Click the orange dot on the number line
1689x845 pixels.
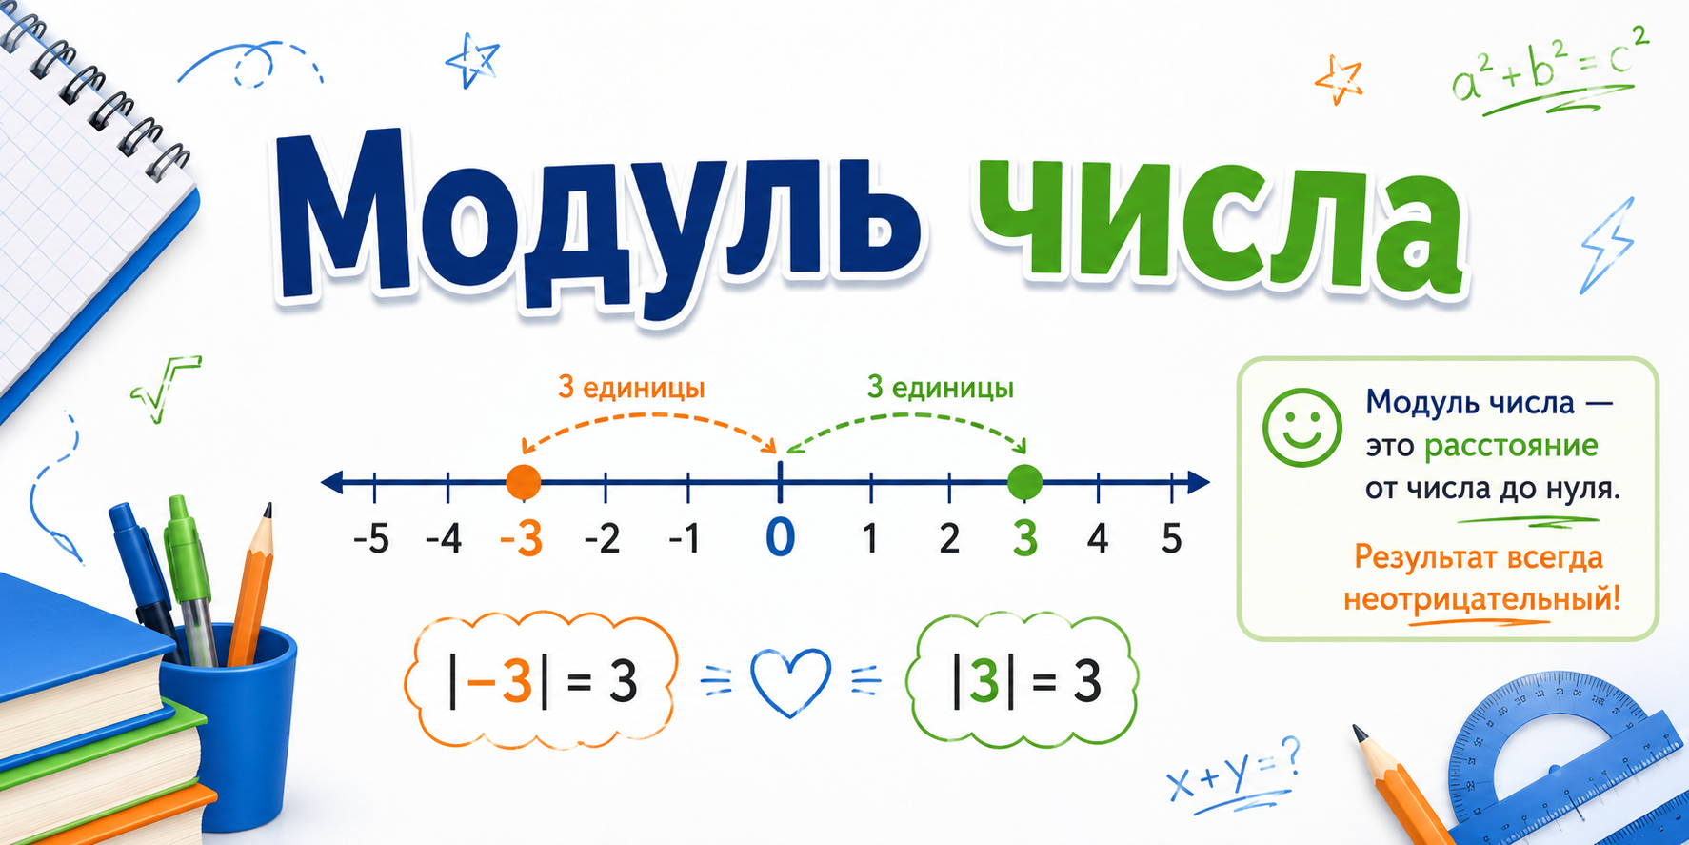pos(523,482)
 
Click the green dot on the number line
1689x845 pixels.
pos(1024,482)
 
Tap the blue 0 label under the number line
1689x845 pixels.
pos(780,537)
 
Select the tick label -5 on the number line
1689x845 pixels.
pos(371,539)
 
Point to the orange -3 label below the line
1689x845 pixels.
pos(522,539)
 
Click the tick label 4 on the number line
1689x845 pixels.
pos(1098,539)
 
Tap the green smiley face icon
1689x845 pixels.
pos(1302,428)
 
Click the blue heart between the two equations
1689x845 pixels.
pos(790,682)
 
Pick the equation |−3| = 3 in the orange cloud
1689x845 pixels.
pos(542,681)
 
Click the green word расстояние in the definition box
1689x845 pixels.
pos(1511,446)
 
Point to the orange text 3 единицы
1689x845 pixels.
pos(631,388)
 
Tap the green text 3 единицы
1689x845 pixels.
pos(940,388)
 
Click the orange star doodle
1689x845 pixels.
pos(1340,78)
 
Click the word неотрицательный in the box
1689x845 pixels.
pos(1481,600)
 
